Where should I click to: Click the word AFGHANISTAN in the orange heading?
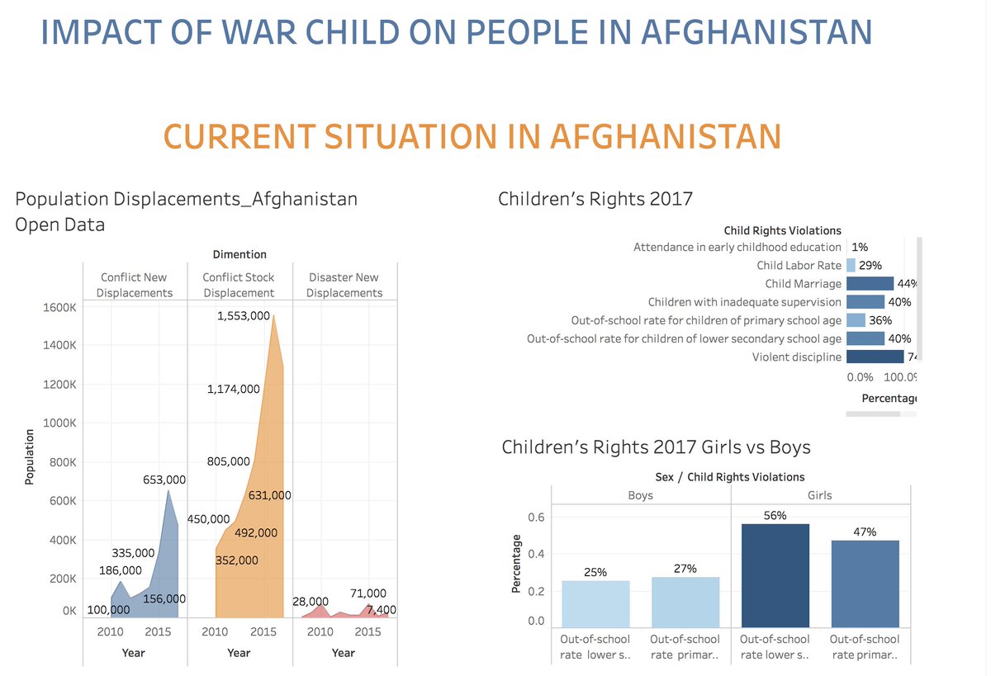(665, 136)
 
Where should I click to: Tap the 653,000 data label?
(164, 479)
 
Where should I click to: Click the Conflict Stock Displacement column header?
(239, 285)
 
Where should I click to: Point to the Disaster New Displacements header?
(344, 285)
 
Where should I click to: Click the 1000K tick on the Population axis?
(60, 423)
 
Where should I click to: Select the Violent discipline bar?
(875, 357)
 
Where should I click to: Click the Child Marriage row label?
(803, 284)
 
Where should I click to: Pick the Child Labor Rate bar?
(851, 265)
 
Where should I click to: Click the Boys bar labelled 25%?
(595, 603)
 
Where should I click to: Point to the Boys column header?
(640, 495)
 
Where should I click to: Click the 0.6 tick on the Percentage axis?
(536, 518)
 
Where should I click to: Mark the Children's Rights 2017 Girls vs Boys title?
(656, 447)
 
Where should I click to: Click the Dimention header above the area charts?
(239, 254)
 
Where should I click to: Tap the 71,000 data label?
(367, 593)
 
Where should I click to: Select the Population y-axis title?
(30, 456)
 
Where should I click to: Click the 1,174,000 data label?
(234, 389)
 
